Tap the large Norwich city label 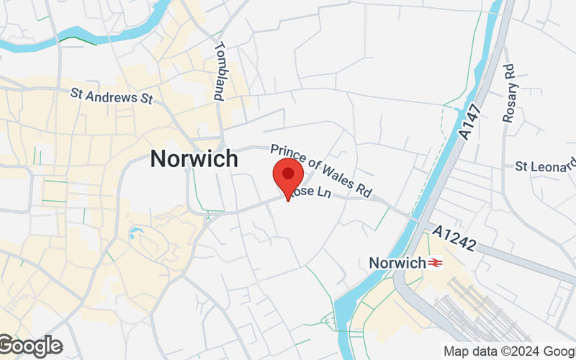[194, 159]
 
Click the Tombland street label [220, 71]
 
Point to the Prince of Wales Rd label [321, 171]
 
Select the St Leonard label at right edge [546, 167]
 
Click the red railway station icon [435, 264]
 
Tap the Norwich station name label [397, 264]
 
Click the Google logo [30, 346]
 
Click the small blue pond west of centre [135, 233]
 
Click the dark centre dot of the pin [288, 173]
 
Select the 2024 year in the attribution [525, 351]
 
